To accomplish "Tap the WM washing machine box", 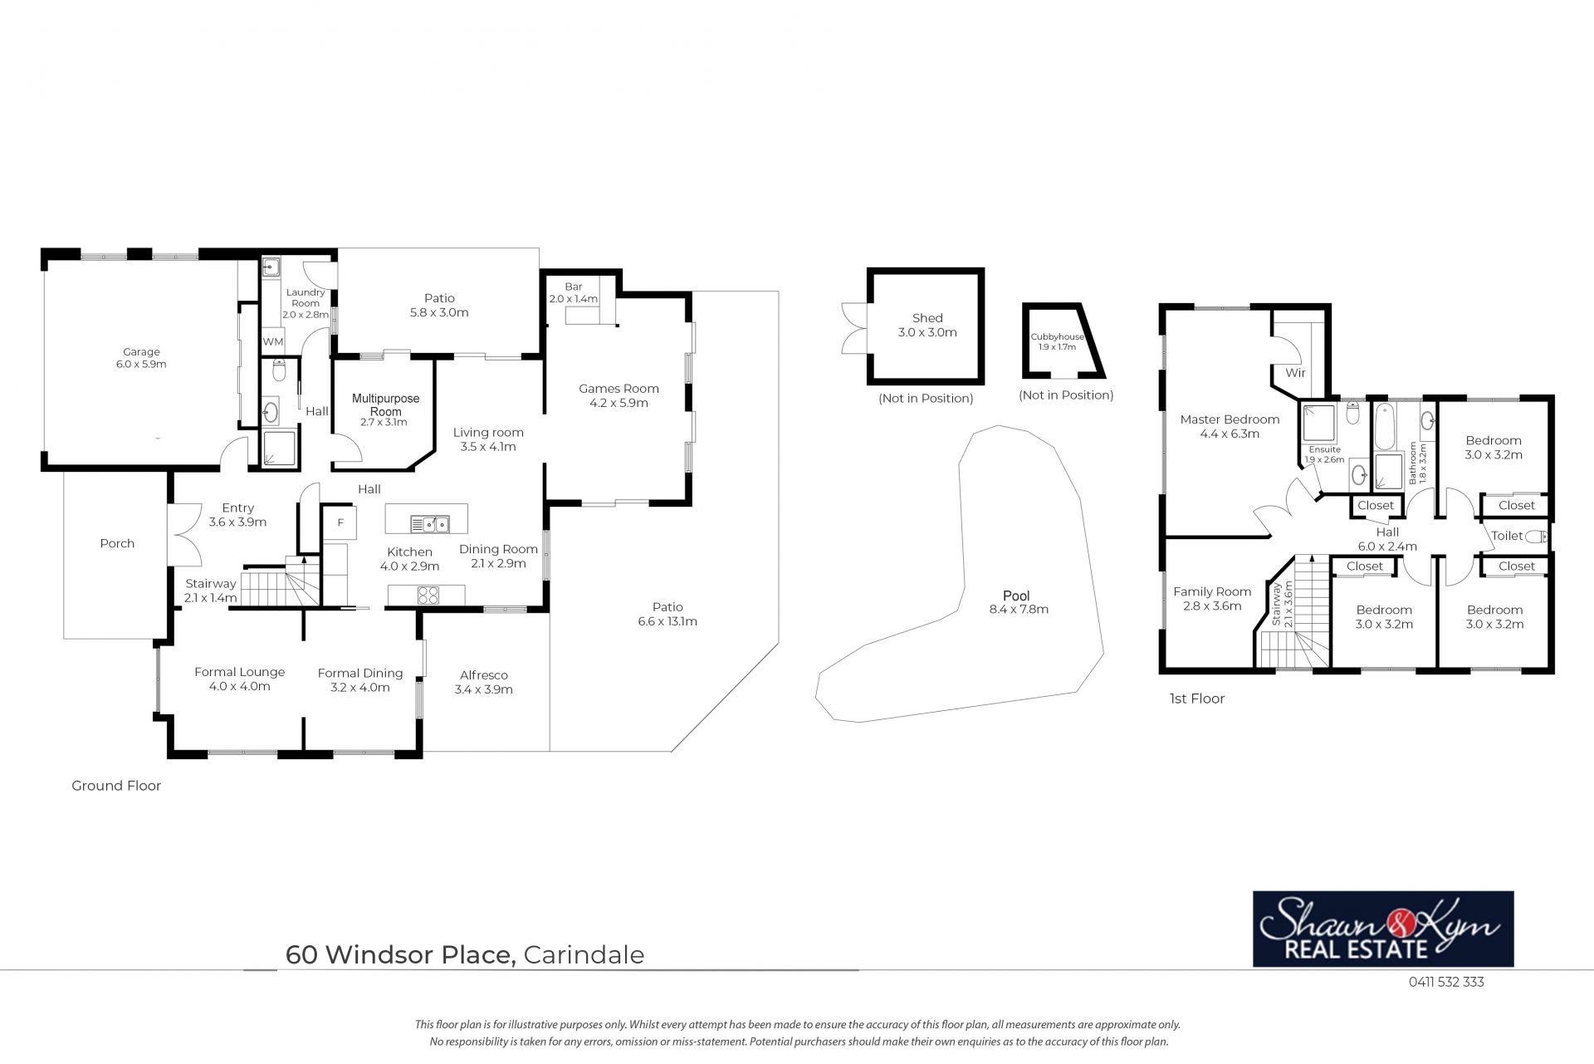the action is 273,341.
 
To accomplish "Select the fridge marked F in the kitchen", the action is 340,522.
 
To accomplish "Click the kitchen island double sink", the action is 429,523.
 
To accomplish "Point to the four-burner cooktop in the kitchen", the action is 428,595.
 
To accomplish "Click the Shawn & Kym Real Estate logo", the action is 1383,929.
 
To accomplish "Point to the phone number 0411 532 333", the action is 1446,982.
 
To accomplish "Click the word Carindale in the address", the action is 584,955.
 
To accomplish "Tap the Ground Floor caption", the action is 116,786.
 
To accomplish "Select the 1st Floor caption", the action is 1196,699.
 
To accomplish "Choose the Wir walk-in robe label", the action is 1295,373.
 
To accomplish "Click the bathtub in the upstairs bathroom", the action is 1384,424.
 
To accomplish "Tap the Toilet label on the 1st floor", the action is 1507,536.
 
